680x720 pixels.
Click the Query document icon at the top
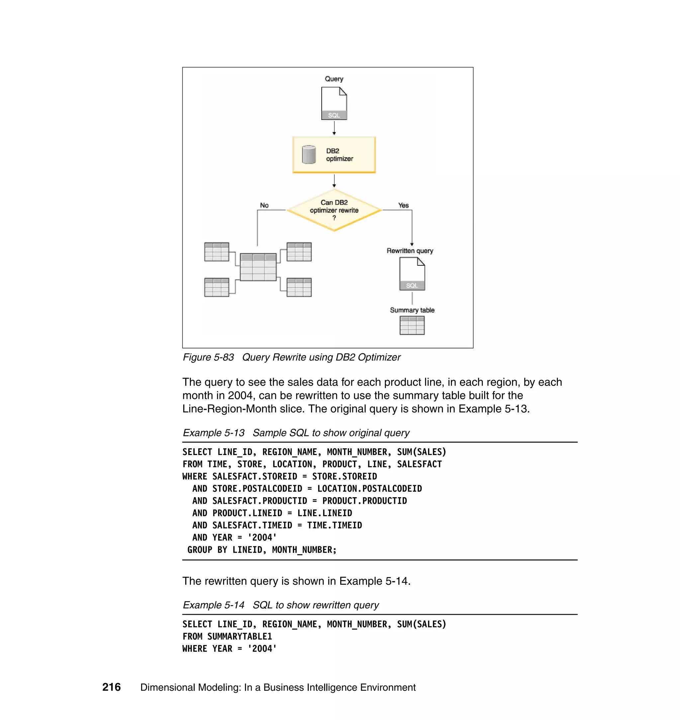(x=334, y=104)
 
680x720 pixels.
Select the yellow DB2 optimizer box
(x=334, y=155)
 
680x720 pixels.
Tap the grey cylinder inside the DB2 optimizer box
(x=309, y=155)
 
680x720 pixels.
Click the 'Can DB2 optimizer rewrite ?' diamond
(x=334, y=210)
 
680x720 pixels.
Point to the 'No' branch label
(x=264, y=205)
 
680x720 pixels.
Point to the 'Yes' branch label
(x=403, y=205)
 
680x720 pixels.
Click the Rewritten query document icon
(x=412, y=274)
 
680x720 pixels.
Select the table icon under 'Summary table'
(x=412, y=325)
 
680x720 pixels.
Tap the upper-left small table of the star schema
(x=216, y=252)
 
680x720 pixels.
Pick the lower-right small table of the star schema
(x=299, y=288)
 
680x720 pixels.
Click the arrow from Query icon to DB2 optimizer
(x=334, y=128)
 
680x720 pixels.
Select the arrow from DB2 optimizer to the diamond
(x=334, y=181)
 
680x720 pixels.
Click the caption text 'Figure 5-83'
(x=208, y=357)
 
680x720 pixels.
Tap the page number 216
(x=111, y=687)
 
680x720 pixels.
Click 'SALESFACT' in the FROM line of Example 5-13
(x=419, y=464)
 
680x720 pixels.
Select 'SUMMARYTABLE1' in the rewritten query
(x=240, y=637)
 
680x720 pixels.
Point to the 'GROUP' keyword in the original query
(x=200, y=550)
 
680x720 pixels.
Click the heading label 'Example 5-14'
(x=213, y=605)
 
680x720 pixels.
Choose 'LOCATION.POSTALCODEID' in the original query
(x=369, y=489)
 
